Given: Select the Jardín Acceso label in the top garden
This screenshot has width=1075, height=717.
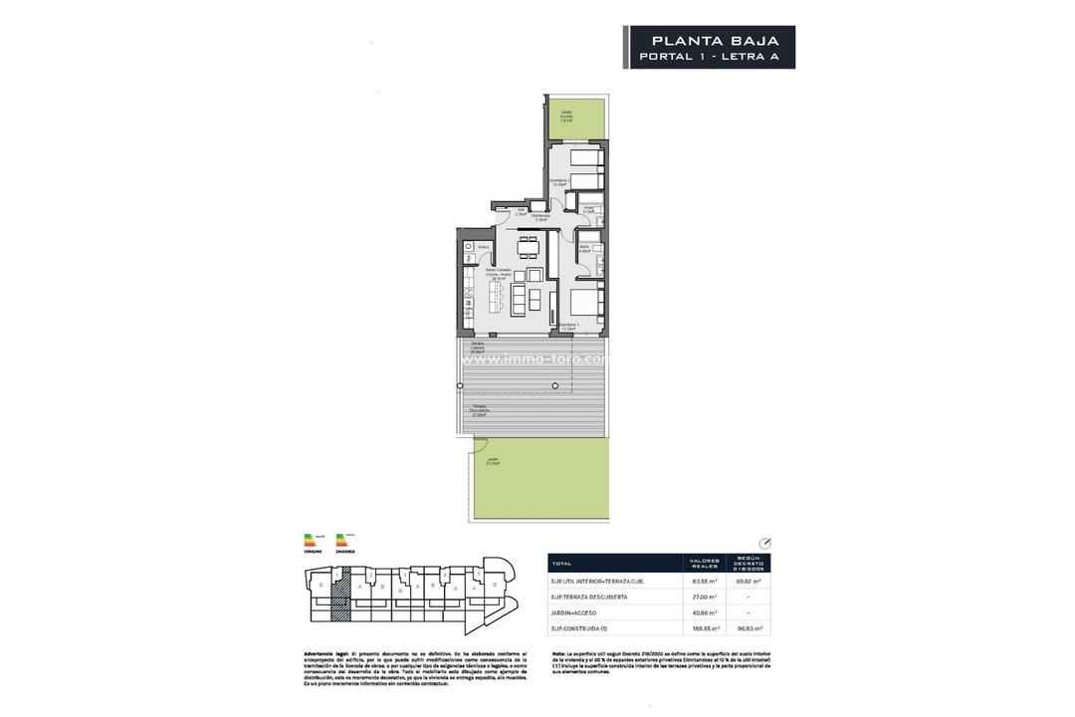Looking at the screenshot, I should (565, 117).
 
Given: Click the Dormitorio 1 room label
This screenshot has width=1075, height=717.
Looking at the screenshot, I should (567, 327).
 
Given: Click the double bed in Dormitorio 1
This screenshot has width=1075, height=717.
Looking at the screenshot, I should (587, 303).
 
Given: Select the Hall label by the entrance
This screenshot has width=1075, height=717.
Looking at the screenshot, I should (521, 211).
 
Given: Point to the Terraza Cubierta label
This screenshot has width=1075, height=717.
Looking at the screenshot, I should (478, 348).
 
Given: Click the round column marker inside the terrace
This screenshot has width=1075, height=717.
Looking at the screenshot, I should (555, 384).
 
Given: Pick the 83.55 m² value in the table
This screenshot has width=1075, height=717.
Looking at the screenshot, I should (706, 581).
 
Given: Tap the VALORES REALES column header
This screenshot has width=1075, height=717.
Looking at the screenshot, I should (706, 563).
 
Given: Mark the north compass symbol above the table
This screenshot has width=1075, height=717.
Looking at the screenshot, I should (763, 544).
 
